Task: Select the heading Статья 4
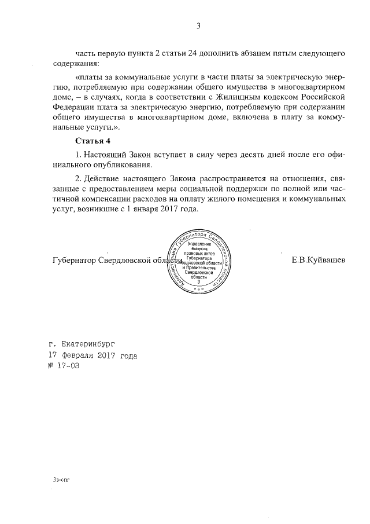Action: [92, 141]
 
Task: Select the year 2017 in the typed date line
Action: [108, 354]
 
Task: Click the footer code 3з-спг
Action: [61, 479]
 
